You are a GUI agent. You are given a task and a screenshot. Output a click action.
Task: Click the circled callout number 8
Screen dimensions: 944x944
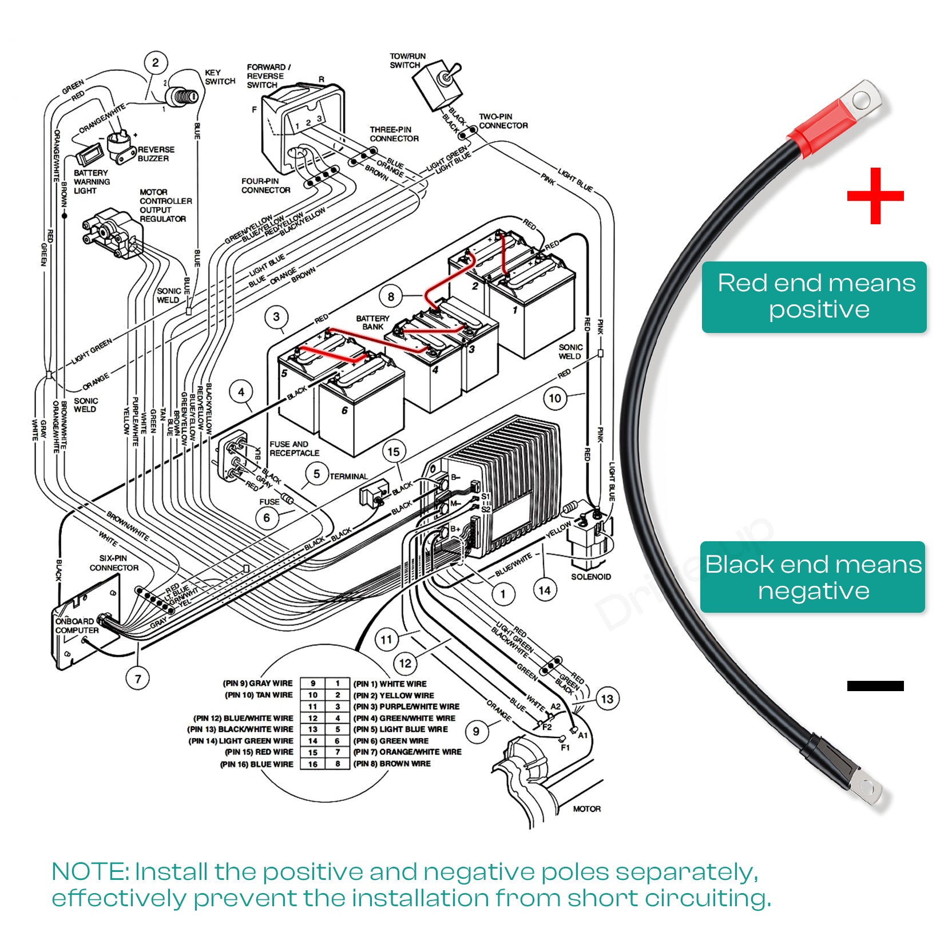391,296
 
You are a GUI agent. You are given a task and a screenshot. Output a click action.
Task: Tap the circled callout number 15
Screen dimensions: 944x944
394,452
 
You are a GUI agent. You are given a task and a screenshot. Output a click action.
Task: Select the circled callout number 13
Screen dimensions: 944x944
607,699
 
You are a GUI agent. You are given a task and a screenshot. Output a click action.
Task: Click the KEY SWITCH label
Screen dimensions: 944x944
220,77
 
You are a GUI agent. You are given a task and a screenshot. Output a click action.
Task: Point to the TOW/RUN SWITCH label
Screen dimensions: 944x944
407,61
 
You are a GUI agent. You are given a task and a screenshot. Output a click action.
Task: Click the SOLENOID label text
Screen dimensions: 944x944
590,577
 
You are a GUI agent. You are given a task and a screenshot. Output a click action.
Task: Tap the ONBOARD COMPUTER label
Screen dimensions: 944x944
77,625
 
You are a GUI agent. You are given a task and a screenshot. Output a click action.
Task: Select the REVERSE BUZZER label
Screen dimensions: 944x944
156,154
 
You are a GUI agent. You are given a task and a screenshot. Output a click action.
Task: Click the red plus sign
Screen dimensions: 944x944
875,196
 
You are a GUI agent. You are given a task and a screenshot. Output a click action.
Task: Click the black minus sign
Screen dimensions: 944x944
875,685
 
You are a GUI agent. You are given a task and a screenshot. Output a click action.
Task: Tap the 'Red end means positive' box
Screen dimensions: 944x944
814,297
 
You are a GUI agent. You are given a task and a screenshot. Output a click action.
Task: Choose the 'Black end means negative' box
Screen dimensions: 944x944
812,577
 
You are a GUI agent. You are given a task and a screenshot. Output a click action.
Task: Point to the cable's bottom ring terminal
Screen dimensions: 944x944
865,788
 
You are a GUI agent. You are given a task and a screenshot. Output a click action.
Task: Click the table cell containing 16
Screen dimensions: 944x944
312,764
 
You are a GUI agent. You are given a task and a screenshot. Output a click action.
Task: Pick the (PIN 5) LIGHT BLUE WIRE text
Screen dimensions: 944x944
400,729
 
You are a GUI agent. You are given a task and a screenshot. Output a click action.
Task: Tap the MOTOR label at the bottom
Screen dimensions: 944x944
586,809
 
